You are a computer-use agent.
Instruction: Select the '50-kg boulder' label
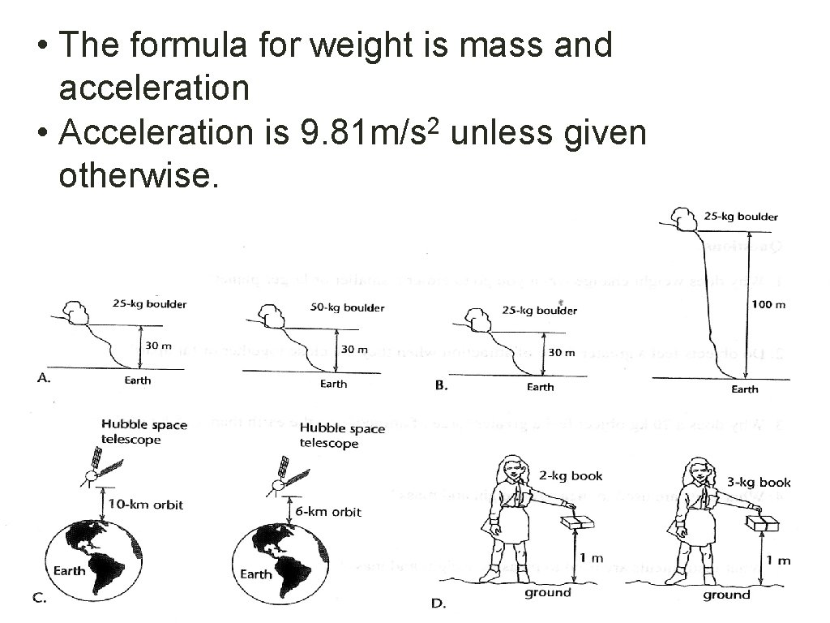coord(348,307)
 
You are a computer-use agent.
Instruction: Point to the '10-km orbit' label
coord(147,505)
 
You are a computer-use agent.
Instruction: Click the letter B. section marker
coord(442,386)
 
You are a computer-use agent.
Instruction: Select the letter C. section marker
coord(38,599)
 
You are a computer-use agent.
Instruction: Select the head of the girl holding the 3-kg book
coord(695,471)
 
